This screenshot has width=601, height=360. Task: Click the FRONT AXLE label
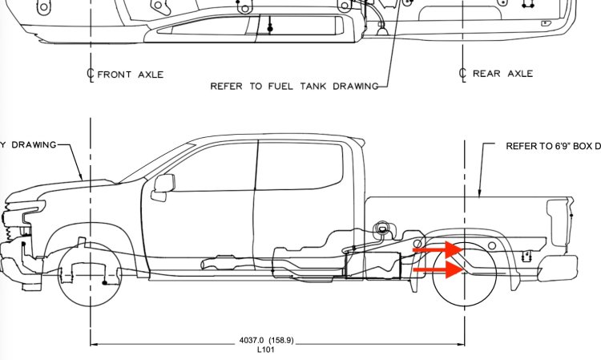[x=131, y=75]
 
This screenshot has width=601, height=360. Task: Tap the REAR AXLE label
[x=502, y=74]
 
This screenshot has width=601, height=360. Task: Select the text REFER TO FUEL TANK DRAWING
[x=294, y=87]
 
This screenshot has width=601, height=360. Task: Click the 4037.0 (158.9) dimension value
[x=266, y=340]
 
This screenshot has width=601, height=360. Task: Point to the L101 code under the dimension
[x=266, y=350]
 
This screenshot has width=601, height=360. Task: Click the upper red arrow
[x=438, y=249]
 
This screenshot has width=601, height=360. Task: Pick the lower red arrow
[x=438, y=270]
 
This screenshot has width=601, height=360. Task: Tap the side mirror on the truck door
[x=164, y=184]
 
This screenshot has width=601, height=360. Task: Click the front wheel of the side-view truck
[x=90, y=275]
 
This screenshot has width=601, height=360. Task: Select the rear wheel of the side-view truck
[x=465, y=274]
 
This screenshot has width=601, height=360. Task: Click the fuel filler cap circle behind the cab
[x=382, y=229]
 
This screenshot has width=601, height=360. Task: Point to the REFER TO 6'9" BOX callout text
[x=553, y=146]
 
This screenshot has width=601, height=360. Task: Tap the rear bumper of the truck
[x=558, y=269]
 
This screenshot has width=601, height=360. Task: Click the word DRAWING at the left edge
[x=34, y=145]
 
